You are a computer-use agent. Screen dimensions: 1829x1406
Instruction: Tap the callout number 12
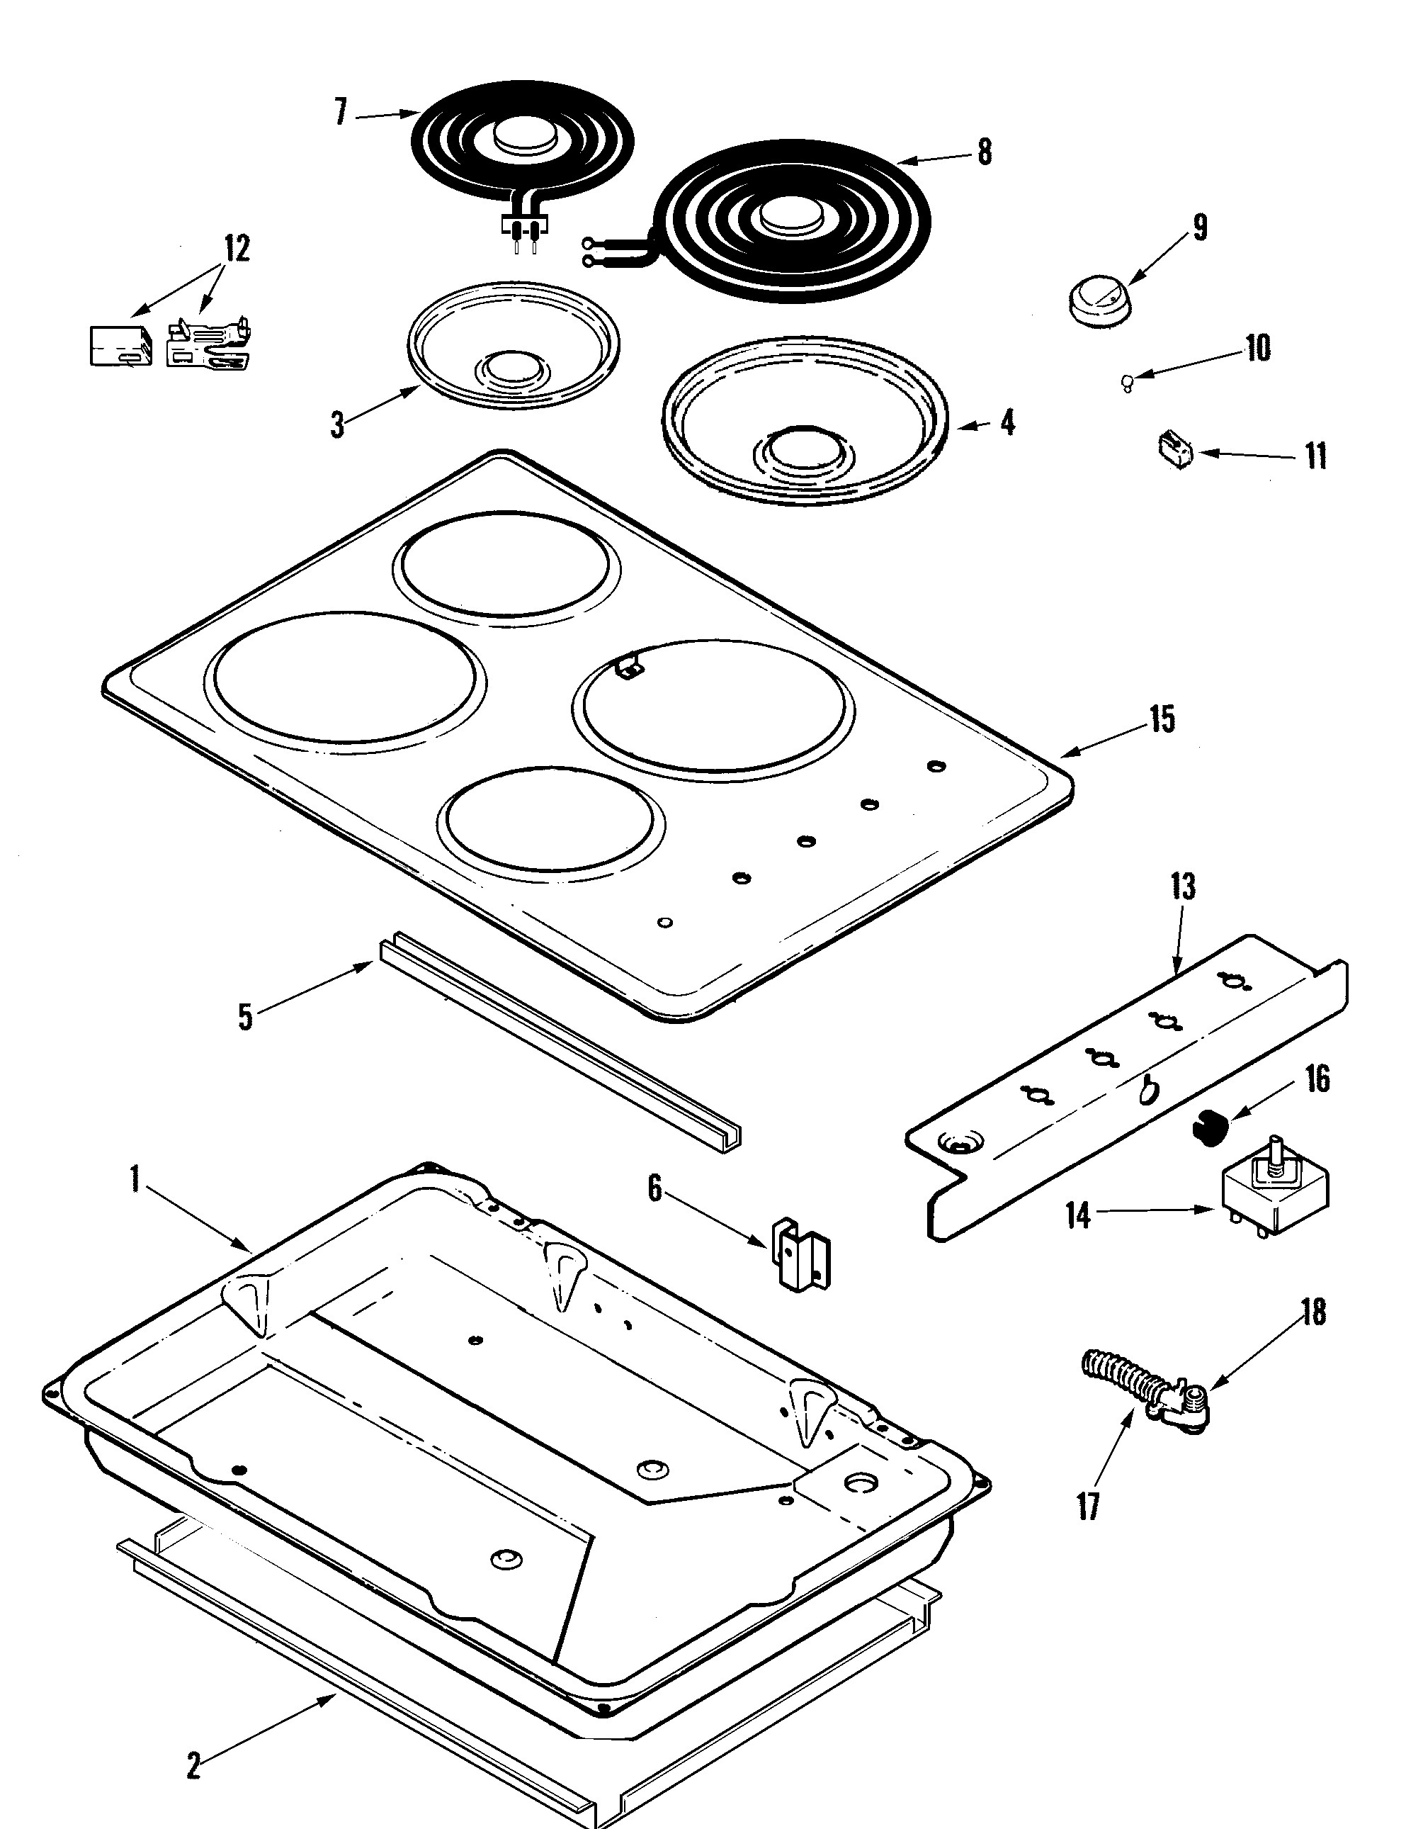click(236, 249)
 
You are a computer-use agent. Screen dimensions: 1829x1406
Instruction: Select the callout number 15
click(1162, 720)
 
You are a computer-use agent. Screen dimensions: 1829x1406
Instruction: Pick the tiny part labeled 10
click(1128, 383)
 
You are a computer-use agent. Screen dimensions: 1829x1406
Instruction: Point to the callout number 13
click(1183, 887)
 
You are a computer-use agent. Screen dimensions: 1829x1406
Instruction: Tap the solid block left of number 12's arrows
click(120, 346)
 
